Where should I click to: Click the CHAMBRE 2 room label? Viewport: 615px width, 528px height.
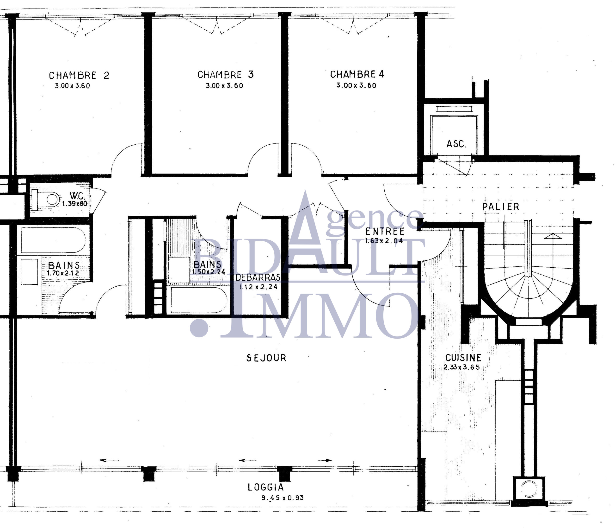tap(79, 75)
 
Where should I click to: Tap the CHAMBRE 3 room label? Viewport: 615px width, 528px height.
tap(226, 74)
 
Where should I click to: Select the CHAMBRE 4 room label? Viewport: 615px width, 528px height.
tap(357, 74)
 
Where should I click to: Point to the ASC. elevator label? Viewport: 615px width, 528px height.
tap(456, 144)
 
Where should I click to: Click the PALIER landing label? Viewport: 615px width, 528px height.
tap(501, 207)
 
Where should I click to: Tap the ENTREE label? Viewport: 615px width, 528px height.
tap(385, 231)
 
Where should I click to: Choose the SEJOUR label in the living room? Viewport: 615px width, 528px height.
tap(266, 358)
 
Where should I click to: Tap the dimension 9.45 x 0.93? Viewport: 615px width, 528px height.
tap(283, 498)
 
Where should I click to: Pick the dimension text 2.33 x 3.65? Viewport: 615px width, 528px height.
tap(461, 367)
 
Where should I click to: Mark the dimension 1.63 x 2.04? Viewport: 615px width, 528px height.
tap(384, 241)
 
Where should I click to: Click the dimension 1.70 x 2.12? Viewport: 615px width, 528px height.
tap(63, 273)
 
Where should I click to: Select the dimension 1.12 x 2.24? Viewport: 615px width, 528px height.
tap(258, 287)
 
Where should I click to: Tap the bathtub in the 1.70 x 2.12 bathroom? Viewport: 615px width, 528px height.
tap(53, 240)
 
